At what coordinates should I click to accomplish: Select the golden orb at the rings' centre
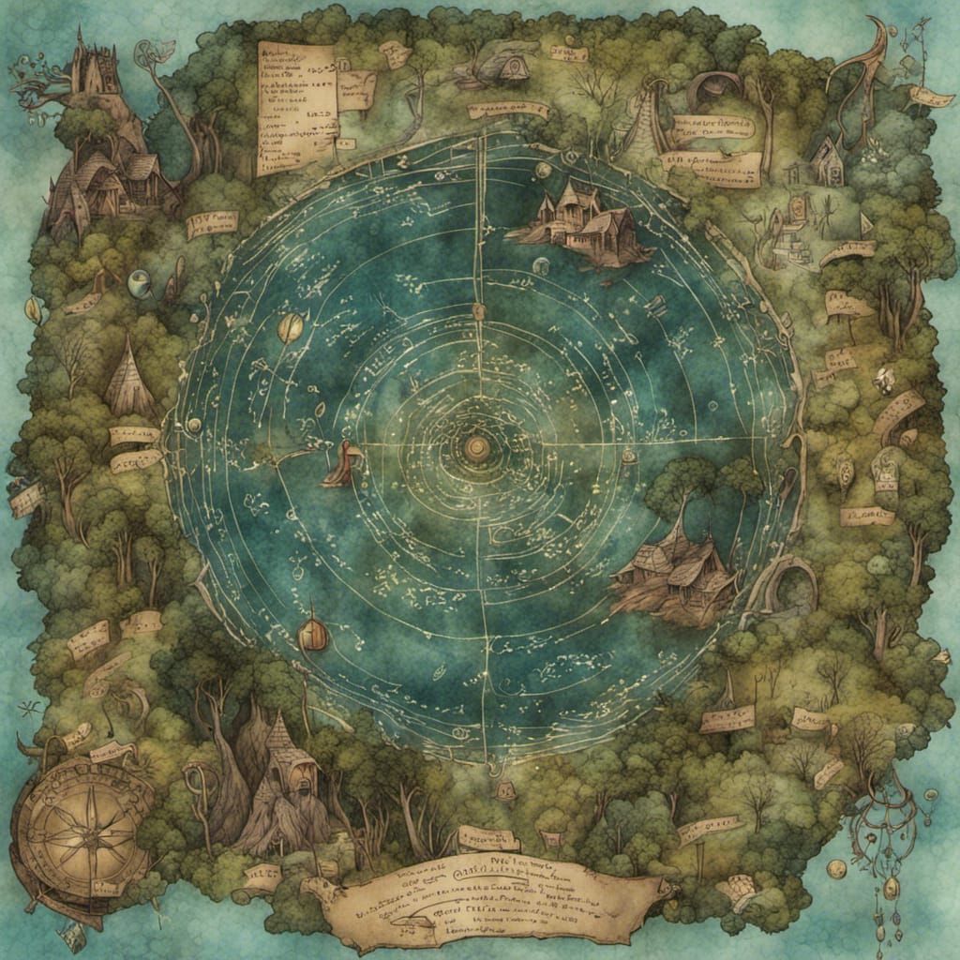tap(477, 448)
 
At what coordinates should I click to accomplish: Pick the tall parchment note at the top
tap(296, 108)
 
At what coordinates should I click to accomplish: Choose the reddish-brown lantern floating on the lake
tap(313, 636)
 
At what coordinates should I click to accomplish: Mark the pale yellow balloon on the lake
tap(290, 327)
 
